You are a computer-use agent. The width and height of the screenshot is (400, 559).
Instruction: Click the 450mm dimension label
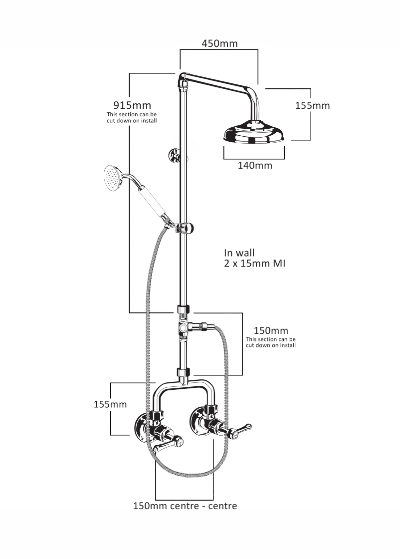coord(219,43)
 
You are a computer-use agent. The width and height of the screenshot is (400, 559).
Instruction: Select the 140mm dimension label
coord(255,165)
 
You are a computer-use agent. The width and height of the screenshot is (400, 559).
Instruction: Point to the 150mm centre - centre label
coord(185,506)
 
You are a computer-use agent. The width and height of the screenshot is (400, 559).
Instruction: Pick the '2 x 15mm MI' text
coord(255,264)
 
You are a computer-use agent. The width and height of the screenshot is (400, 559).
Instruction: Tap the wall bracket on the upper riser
coord(175,155)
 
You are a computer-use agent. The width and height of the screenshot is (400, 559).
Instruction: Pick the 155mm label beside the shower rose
coord(313,106)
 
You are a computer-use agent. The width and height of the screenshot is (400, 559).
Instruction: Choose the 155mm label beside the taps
coord(110,404)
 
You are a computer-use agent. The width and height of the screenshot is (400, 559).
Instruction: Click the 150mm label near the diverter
coord(271,331)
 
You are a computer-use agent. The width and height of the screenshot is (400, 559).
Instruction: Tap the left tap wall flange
coord(142,428)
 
